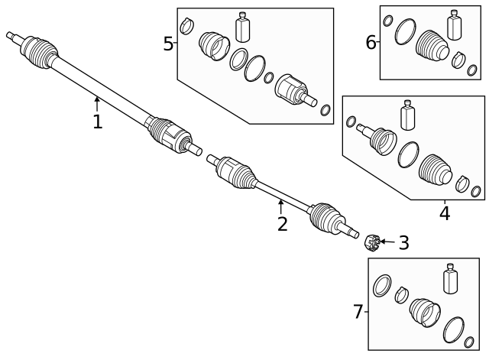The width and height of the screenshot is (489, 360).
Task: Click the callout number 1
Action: point(97,122)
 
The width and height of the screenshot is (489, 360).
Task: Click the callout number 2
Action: point(282,224)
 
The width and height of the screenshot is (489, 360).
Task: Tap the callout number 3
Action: point(403,243)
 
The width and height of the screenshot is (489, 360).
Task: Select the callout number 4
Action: point(444,213)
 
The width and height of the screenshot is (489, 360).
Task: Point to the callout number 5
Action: point(168,44)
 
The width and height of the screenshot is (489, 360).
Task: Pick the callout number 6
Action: point(371,42)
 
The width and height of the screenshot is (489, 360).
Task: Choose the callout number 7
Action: point(358,312)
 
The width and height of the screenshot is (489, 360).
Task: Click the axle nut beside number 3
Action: point(372,244)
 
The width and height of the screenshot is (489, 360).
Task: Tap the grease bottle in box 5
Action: point(244,27)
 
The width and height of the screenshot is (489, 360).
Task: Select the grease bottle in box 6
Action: point(456,24)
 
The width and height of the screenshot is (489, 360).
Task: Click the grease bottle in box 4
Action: point(406,117)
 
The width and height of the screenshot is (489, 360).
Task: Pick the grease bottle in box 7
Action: point(449,281)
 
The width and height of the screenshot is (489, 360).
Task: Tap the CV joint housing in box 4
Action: point(379,140)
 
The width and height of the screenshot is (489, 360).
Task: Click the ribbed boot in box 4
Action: point(436,170)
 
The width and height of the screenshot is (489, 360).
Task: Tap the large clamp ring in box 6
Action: point(405,34)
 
